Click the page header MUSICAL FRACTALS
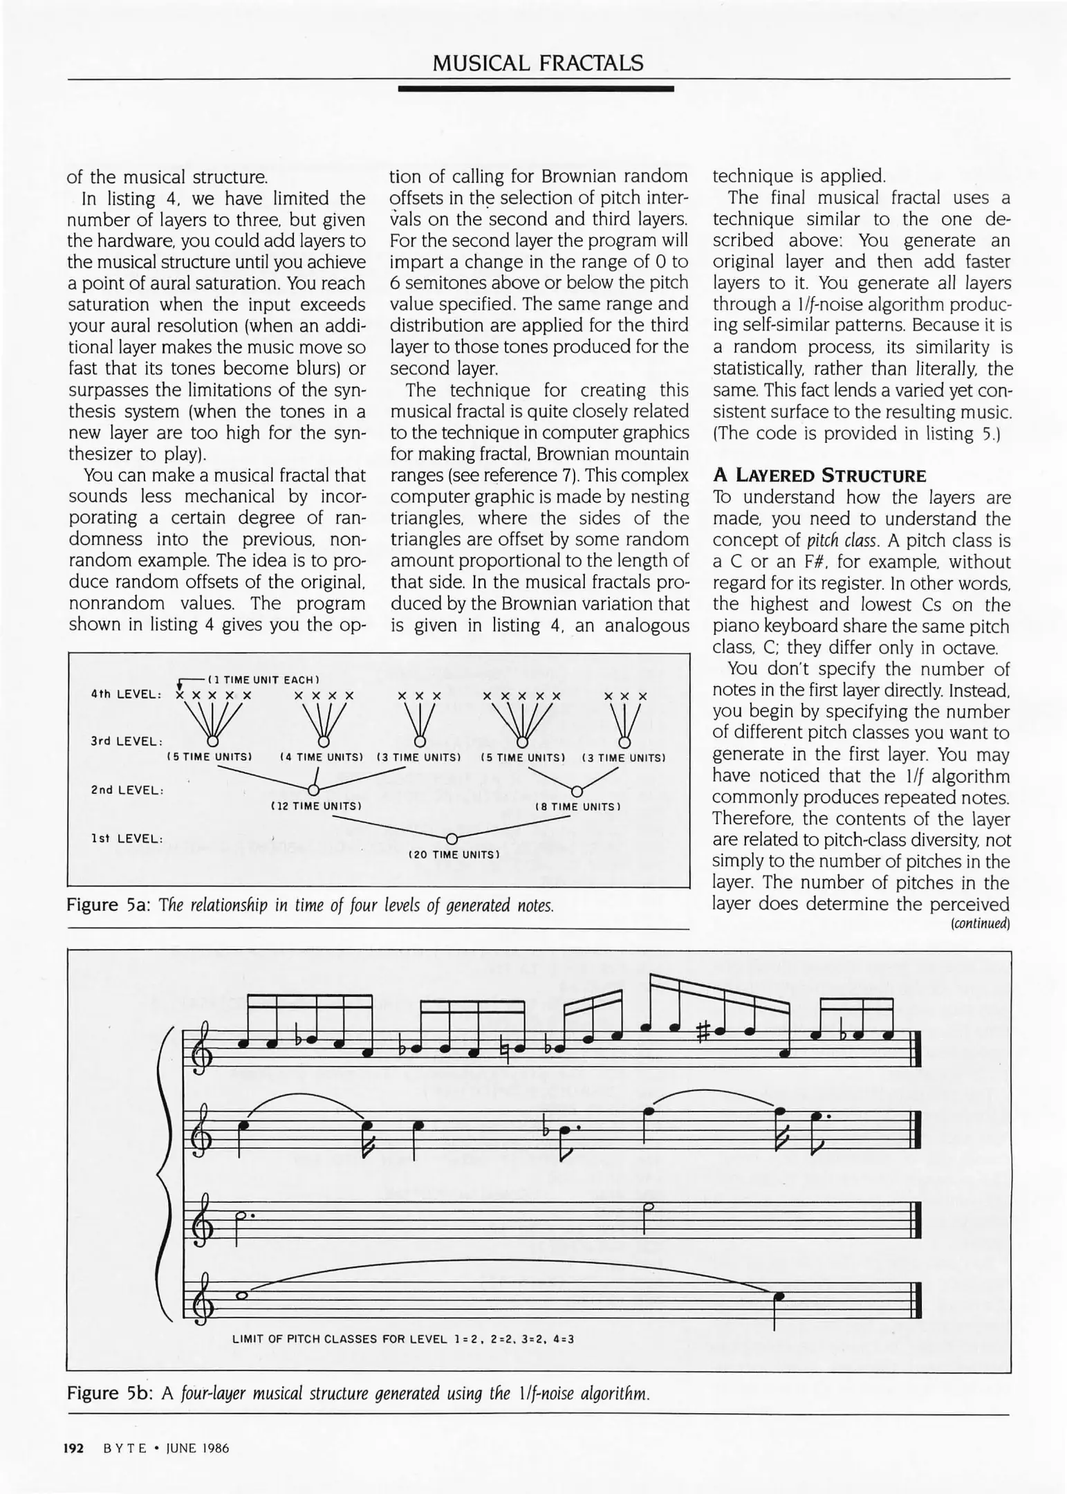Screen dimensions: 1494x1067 click(537, 64)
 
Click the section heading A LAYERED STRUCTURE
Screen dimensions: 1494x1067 click(819, 476)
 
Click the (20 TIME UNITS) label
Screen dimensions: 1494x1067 click(453, 855)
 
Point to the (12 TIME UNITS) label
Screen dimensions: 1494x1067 click(316, 806)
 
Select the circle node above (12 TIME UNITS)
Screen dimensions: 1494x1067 click(313, 790)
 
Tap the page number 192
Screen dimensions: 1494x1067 click(73, 1448)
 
